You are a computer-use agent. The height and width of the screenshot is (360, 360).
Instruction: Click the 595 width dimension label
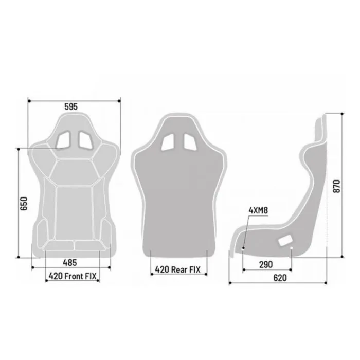click(71, 106)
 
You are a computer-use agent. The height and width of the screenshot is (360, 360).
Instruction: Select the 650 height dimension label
click(24, 204)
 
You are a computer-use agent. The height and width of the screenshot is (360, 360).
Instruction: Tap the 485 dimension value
click(70, 263)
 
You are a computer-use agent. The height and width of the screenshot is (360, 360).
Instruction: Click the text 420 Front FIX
click(73, 276)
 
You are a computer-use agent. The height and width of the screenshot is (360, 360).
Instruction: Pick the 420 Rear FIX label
click(178, 269)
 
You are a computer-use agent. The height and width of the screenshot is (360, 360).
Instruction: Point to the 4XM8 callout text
click(258, 210)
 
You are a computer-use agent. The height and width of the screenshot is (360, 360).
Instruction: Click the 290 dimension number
click(266, 265)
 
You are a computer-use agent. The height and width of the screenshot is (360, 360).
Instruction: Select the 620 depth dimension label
click(280, 278)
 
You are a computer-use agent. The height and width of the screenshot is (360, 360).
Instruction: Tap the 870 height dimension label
click(336, 186)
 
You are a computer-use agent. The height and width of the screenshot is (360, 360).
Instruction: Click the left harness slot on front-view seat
click(64, 139)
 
